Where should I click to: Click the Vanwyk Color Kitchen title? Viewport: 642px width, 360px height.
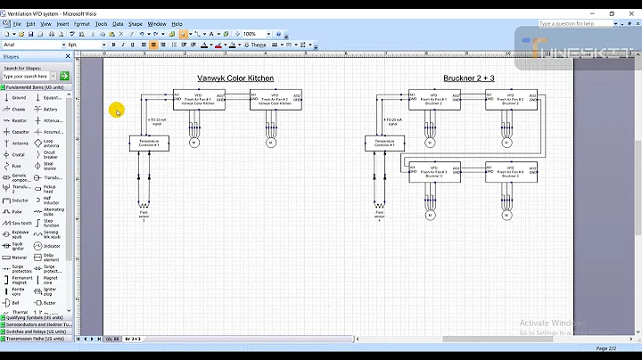tap(236, 78)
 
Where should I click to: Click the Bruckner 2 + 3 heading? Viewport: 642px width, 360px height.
tap(469, 78)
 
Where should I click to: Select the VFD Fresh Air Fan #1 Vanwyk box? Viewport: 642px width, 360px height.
tap(199, 100)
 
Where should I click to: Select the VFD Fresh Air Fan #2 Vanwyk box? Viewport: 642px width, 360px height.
tap(275, 100)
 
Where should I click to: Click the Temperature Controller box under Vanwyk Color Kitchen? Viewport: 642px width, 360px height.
tap(148, 143)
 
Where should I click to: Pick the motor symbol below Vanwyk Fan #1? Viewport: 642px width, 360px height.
tap(195, 143)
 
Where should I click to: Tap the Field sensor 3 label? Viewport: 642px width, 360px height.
tap(144, 214)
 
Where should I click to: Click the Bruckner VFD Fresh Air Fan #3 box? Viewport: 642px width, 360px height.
tap(434, 172)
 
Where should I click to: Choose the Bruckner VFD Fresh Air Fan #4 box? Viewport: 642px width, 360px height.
tap(511, 172)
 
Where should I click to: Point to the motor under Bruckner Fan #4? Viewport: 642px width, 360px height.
tap(507, 215)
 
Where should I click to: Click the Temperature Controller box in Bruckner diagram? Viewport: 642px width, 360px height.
tap(384, 143)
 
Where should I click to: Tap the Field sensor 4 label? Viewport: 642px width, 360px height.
tap(380, 214)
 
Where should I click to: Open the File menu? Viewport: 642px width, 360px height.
tap(17, 24)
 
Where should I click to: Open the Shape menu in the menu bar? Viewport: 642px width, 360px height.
tap(135, 24)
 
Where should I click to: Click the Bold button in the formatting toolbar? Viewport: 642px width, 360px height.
tap(113, 45)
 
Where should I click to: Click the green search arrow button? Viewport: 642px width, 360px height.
tap(64, 76)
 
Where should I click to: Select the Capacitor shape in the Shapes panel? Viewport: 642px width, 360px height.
tap(20, 131)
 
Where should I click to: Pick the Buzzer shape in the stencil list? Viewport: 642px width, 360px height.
tap(50, 303)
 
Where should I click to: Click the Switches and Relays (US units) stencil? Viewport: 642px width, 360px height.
tap(36, 331)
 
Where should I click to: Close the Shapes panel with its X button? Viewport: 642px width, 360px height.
tap(69, 56)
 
